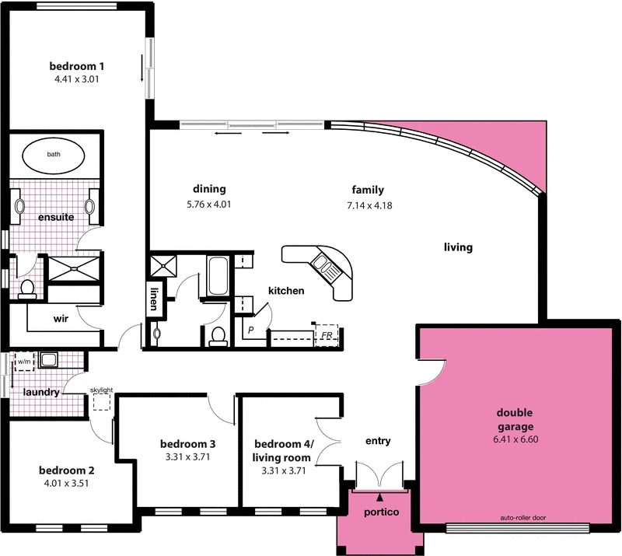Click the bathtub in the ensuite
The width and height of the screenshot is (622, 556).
pyautogui.click(x=54, y=155)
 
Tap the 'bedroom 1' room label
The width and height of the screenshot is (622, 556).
pyautogui.click(x=76, y=65)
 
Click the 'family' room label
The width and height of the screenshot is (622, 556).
pyautogui.click(x=368, y=190)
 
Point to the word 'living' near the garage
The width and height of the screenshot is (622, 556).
pyautogui.click(x=458, y=247)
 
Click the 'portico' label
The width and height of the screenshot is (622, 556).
pyautogui.click(x=381, y=512)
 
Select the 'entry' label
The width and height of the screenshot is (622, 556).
pyautogui.click(x=378, y=442)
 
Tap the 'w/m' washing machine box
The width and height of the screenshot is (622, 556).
pyautogui.click(x=24, y=362)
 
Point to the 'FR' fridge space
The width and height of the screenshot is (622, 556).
pyautogui.click(x=327, y=335)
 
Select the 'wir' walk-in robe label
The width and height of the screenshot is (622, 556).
pyautogui.click(x=62, y=318)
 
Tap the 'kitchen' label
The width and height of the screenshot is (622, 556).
pyautogui.click(x=285, y=291)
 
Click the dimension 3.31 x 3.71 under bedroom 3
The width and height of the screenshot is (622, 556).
pyautogui.click(x=187, y=457)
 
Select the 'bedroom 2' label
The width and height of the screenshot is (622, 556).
pyautogui.click(x=67, y=470)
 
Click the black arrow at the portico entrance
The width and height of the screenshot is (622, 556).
pyautogui.click(x=379, y=496)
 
